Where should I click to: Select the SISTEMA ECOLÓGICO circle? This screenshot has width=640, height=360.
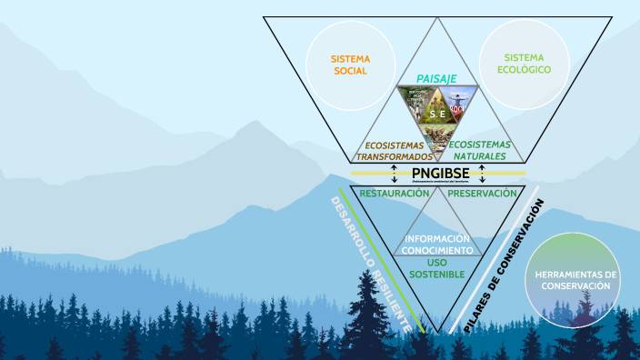[525, 63]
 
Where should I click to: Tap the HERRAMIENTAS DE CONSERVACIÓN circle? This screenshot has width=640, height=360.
[577, 279]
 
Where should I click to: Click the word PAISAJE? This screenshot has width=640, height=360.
[436, 79]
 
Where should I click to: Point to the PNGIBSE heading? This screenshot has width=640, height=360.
[440, 174]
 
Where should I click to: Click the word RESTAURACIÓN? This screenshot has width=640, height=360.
[394, 194]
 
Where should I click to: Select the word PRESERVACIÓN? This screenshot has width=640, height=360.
[482, 194]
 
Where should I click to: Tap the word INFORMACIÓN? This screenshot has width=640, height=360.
[437, 239]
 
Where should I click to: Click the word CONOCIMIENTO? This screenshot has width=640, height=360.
[437, 250]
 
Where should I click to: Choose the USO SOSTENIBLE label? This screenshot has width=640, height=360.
[437, 268]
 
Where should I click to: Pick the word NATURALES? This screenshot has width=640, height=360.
[479, 157]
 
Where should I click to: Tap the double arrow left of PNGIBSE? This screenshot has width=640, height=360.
[395, 173]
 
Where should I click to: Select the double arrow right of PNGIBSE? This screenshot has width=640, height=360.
[482, 173]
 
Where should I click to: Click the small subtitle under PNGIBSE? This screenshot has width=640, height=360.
[440, 182]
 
